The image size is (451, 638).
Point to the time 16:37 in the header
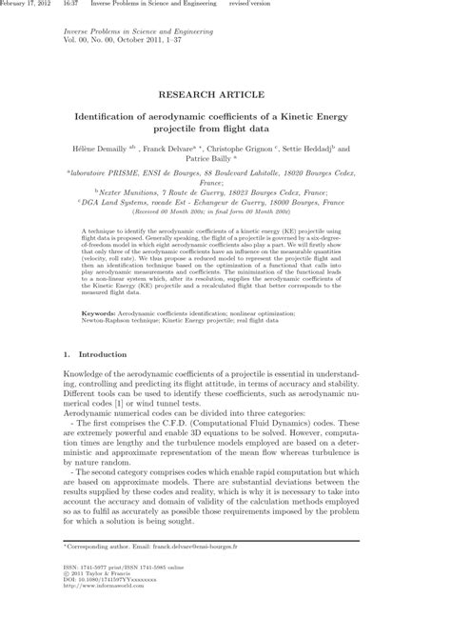(71, 5)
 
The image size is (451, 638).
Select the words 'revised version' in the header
(250, 5)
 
